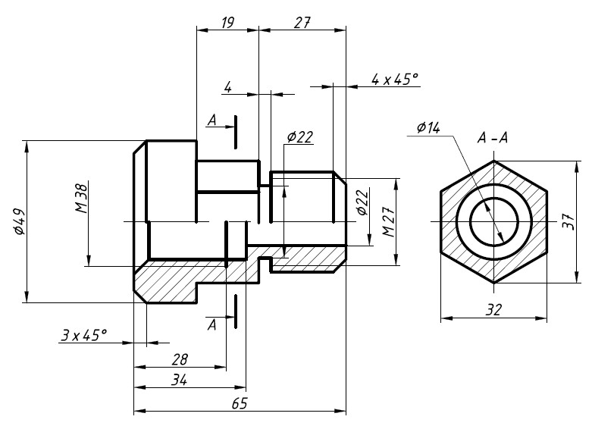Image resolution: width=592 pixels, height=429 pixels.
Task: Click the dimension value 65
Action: click(x=240, y=403)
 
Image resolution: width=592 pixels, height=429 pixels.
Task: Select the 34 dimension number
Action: click(x=179, y=380)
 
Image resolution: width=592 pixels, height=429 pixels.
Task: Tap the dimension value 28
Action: click(x=180, y=359)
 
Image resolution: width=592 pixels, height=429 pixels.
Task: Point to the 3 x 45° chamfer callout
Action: click(x=84, y=334)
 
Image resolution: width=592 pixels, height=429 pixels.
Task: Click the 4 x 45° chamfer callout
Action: click(x=395, y=80)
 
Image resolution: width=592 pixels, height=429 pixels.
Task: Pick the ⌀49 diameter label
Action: click(x=19, y=221)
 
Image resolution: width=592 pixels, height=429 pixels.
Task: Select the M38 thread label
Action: click(x=82, y=197)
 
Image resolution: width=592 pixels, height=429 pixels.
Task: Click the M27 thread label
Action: click(x=389, y=221)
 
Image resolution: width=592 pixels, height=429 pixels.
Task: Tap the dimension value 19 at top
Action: click(x=227, y=23)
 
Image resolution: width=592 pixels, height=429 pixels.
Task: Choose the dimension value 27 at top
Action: click(x=302, y=23)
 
